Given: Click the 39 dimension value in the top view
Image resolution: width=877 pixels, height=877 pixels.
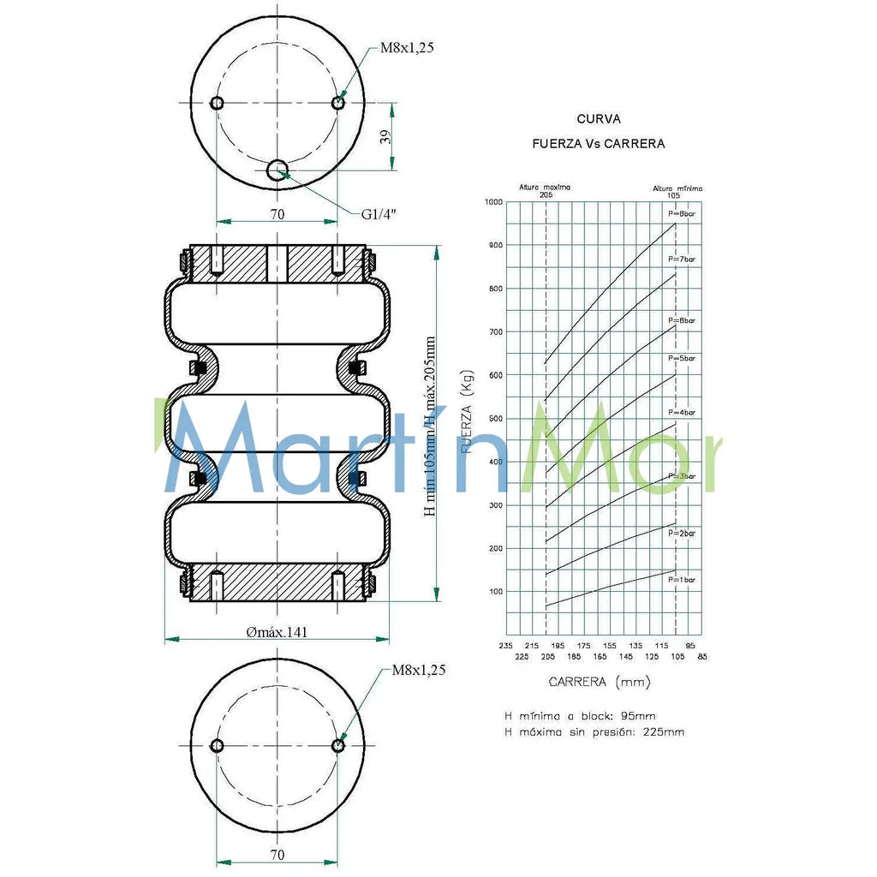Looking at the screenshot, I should tap(385, 137).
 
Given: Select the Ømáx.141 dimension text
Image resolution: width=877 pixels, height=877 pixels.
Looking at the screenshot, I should tap(277, 632).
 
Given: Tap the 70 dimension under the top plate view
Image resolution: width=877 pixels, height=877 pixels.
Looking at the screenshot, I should tap(277, 214).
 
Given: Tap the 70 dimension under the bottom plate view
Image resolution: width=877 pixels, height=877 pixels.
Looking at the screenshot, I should tap(277, 854).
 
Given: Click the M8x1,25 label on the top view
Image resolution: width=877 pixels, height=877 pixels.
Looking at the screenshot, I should tap(407, 48).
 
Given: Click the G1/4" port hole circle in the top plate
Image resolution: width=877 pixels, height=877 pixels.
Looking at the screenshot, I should tap(277, 171).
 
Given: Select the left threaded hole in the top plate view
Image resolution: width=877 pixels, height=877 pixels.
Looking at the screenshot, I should tap(217, 104).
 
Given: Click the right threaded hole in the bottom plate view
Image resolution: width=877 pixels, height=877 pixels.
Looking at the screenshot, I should tap(338, 746).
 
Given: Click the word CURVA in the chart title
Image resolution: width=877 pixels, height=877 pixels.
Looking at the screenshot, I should tap(599, 119).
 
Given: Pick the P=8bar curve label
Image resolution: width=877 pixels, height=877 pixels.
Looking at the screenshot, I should tap(683, 212).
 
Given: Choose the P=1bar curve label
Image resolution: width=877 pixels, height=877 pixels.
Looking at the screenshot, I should tap(683, 580).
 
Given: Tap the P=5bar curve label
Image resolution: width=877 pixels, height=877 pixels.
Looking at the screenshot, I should tap(683, 357).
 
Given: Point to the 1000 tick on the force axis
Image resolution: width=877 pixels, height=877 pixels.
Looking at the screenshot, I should tap(492, 202).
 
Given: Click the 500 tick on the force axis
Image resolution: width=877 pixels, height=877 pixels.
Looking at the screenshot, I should tap(494, 419).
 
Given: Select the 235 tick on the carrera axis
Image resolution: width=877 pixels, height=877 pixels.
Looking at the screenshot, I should tap(504, 646).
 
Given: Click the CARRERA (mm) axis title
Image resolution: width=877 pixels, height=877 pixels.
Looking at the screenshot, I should tap(599, 682).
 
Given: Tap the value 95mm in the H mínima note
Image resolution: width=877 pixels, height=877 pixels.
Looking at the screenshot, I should tap(640, 715).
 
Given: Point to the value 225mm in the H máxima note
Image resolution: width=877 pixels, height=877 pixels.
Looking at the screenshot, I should tap(665, 732).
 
